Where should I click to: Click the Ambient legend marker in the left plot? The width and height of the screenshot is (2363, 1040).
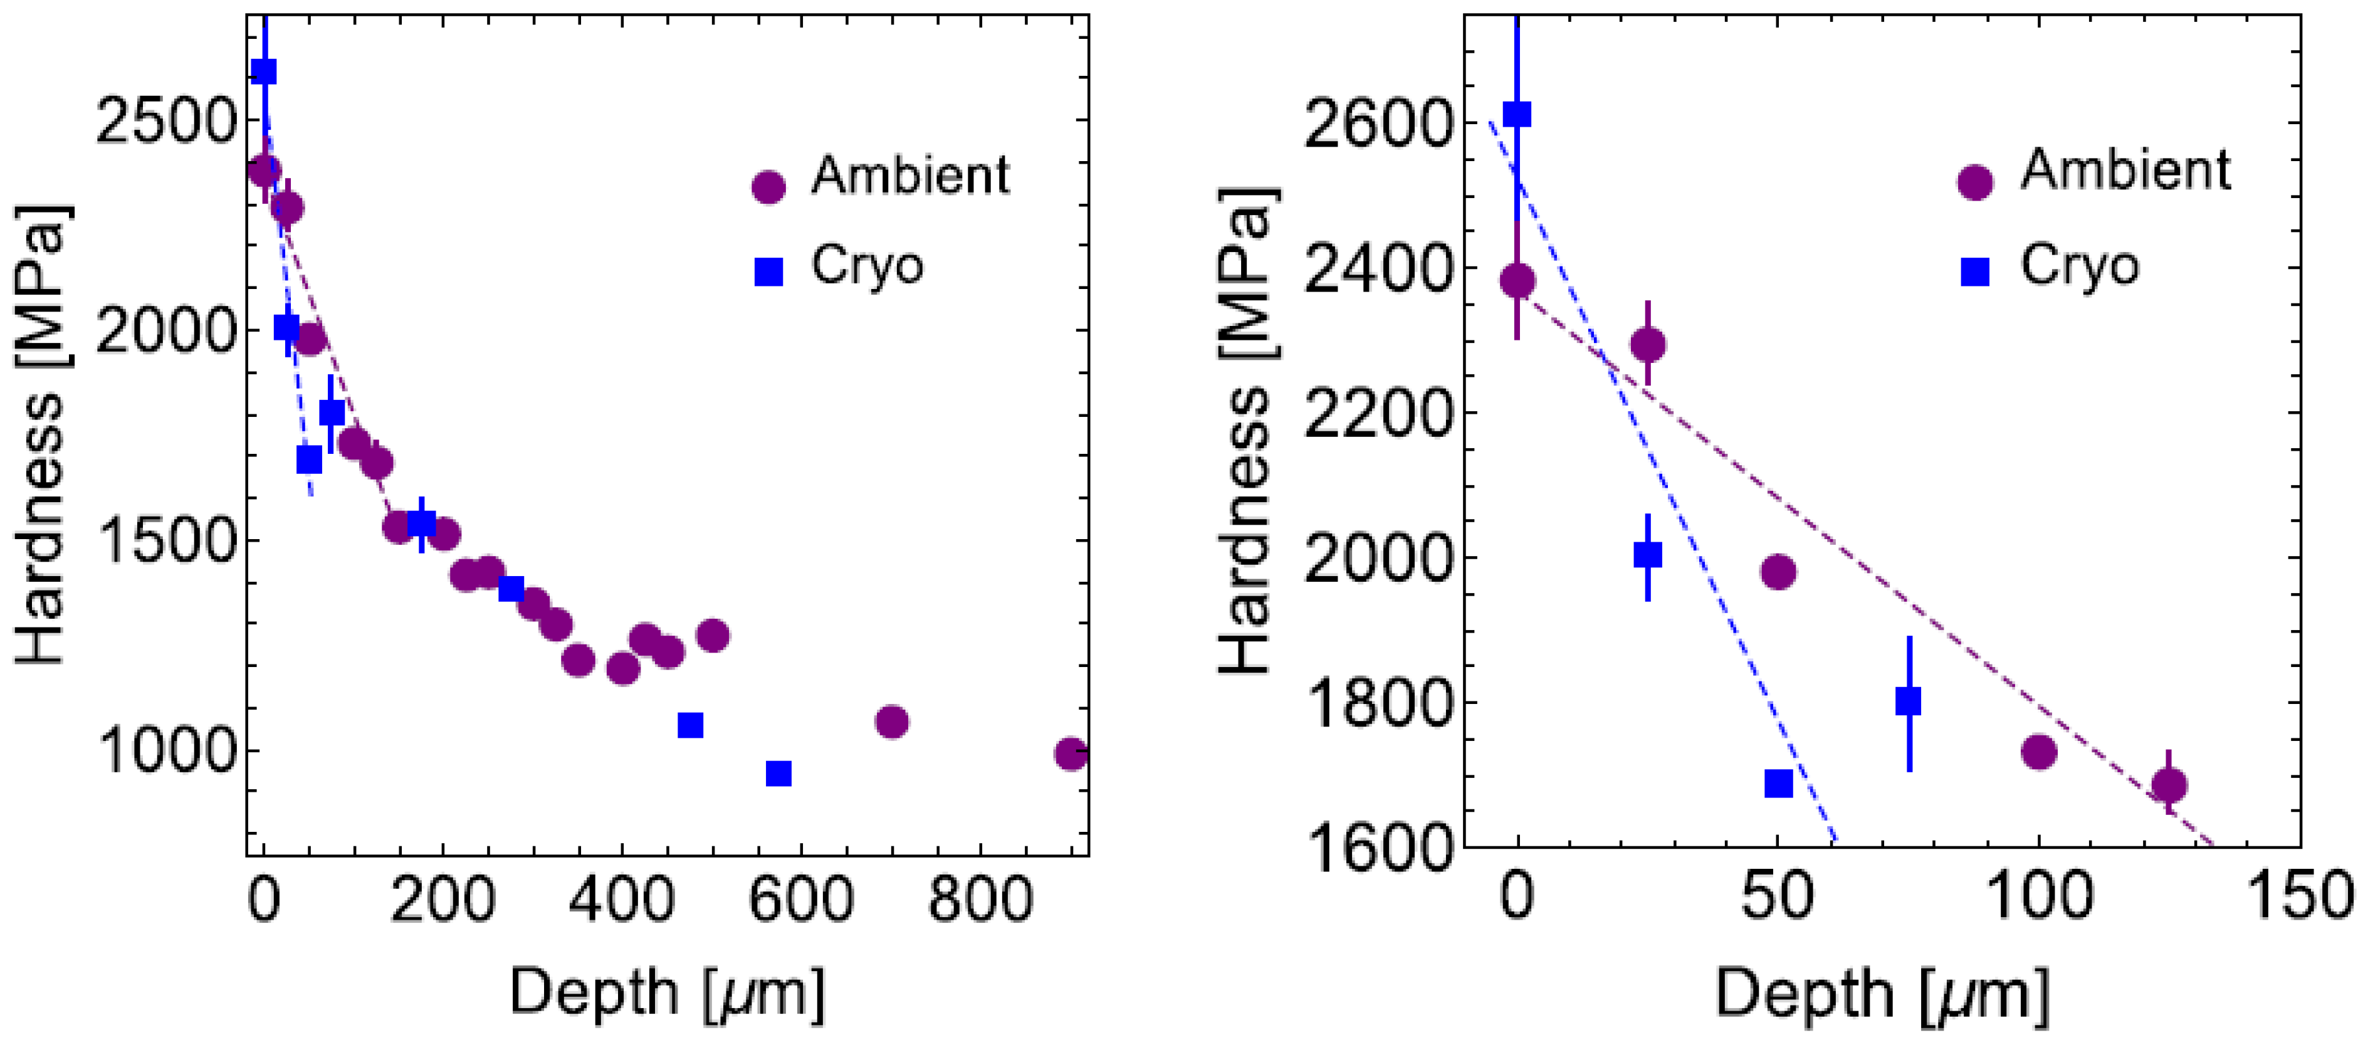(768, 187)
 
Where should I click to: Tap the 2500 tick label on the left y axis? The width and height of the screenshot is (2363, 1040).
(165, 121)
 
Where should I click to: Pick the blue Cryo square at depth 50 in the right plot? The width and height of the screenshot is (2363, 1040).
(1779, 783)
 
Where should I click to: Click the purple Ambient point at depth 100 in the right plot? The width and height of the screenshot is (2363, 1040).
(2038, 752)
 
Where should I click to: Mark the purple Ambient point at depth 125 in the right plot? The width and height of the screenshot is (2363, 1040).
(2169, 785)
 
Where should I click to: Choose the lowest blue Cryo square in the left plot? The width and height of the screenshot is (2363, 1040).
(779, 773)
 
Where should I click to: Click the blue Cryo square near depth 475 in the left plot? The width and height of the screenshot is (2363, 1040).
(690, 725)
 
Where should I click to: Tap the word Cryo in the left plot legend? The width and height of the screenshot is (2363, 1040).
(867, 266)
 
